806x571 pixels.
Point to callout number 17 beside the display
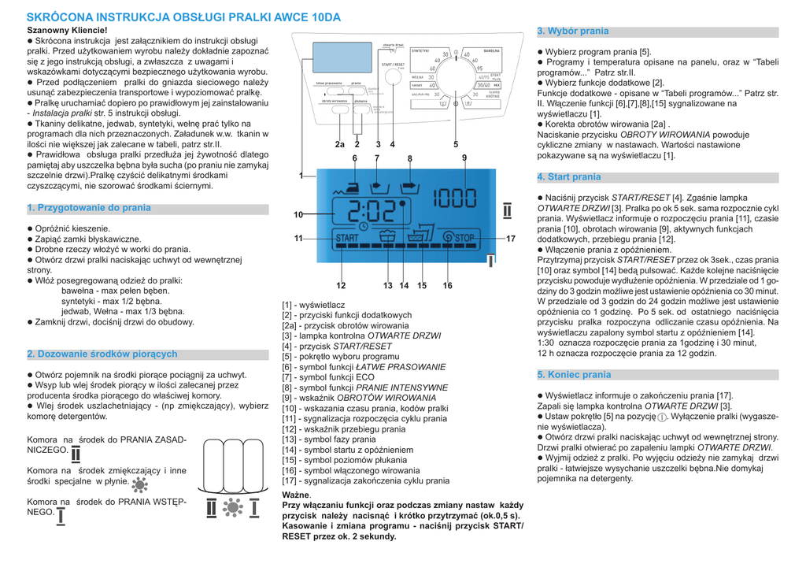point(510,237)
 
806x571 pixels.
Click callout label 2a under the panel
point(339,145)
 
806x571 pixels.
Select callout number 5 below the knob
point(456,145)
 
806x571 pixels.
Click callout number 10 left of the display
point(298,214)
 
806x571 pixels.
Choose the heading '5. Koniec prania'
point(574,375)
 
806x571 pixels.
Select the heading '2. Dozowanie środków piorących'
point(102,354)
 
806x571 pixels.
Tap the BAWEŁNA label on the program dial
point(494,49)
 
